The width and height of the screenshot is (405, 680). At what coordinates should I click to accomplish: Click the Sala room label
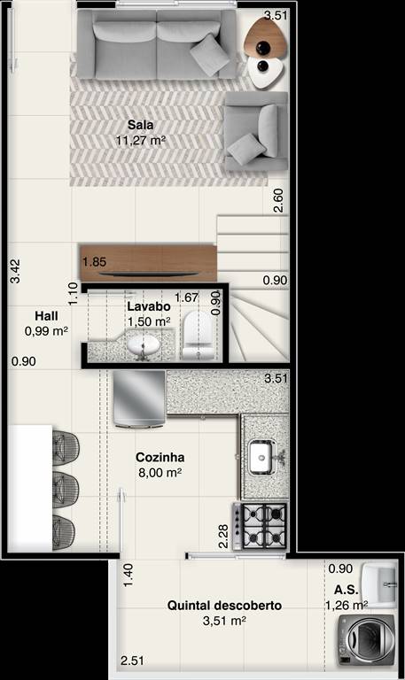coord(140,125)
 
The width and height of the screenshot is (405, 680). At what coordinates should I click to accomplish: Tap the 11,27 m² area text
coord(141,141)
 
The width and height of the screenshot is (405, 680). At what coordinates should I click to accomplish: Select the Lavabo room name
coord(149,306)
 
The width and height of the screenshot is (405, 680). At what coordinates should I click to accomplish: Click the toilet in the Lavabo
coord(199,336)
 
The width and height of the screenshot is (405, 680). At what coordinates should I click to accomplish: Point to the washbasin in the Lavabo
coord(144,346)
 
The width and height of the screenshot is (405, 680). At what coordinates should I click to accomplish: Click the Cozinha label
coord(160,457)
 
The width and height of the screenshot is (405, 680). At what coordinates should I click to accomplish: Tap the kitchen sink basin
coord(263,457)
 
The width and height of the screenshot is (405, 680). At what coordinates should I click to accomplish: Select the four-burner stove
coord(260,526)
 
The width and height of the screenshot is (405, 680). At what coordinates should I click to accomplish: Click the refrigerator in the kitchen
coord(139,399)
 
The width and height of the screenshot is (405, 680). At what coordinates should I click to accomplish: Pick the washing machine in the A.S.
coord(367,639)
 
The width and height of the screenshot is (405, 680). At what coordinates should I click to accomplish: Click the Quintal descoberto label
coord(224,606)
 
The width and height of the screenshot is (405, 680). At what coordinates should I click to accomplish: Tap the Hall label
coord(46,316)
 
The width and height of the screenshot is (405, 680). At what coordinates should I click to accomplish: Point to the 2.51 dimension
coord(132,661)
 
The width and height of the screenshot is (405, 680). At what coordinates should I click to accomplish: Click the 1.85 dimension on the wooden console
coord(94,262)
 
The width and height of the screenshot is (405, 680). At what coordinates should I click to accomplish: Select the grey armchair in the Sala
coord(256,131)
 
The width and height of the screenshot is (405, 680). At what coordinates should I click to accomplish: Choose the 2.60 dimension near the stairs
coord(278,200)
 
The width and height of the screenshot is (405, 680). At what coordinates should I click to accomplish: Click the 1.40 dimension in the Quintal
coord(128,576)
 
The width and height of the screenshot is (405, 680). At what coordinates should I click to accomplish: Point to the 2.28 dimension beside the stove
coord(223,537)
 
